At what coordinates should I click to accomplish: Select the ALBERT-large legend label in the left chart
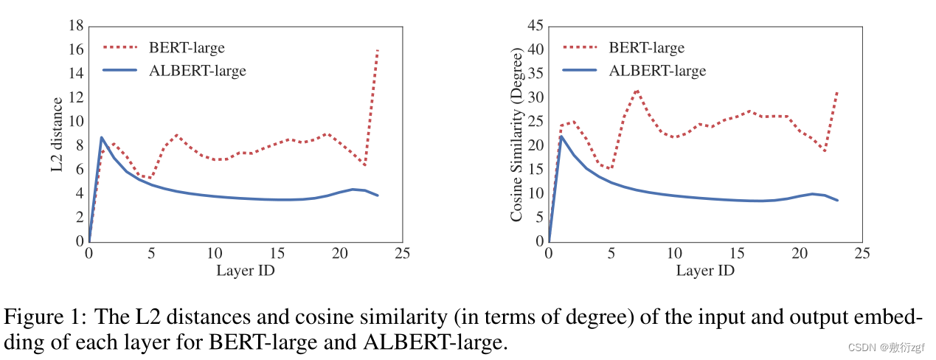coord(197,71)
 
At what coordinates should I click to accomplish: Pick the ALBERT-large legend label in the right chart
coord(657,71)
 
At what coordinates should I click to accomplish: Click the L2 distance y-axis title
coord(58,134)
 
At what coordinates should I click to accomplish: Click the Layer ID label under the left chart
coord(246,271)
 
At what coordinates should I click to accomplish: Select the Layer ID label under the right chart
coord(705,271)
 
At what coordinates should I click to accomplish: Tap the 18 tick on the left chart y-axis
coord(75,26)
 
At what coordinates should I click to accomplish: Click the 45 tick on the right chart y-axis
coord(535,26)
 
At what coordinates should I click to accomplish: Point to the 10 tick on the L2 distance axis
coord(75,122)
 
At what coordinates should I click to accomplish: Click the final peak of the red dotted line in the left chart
coord(377,49)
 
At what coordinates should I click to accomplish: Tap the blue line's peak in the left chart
coord(101,137)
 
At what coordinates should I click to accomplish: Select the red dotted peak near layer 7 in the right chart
coord(637,91)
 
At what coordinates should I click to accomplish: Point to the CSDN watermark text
coord(890,347)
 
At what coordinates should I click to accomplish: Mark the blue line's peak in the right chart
coord(561,136)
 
